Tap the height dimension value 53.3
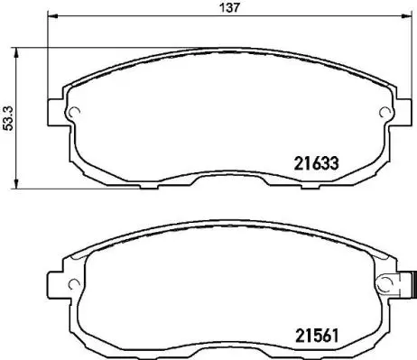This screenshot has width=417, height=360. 8,118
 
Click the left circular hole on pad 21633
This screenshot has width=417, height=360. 76,114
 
